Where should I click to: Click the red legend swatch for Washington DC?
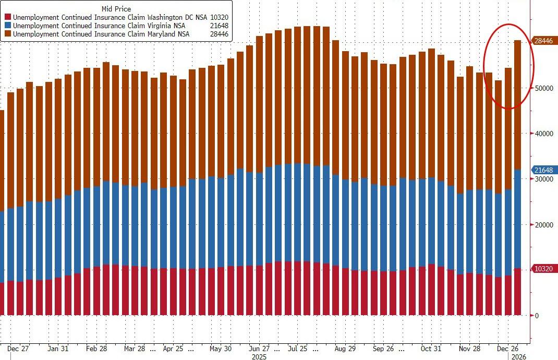click(8, 17)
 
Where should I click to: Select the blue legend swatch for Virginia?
click(8, 26)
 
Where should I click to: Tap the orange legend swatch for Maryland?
click(8, 34)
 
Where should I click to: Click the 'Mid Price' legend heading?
click(116, 9)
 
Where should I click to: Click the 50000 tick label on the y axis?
click(543, 88)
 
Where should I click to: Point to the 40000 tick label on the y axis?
click(543, 134)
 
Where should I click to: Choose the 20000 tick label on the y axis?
click(543, 225)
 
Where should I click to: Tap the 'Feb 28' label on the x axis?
click(96, 348)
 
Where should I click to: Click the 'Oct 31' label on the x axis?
click(431, 348)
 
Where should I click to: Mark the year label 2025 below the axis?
click(259, 357)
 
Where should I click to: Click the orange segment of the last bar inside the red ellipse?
click(517, 104)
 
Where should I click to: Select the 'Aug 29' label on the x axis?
click(345, 348)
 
